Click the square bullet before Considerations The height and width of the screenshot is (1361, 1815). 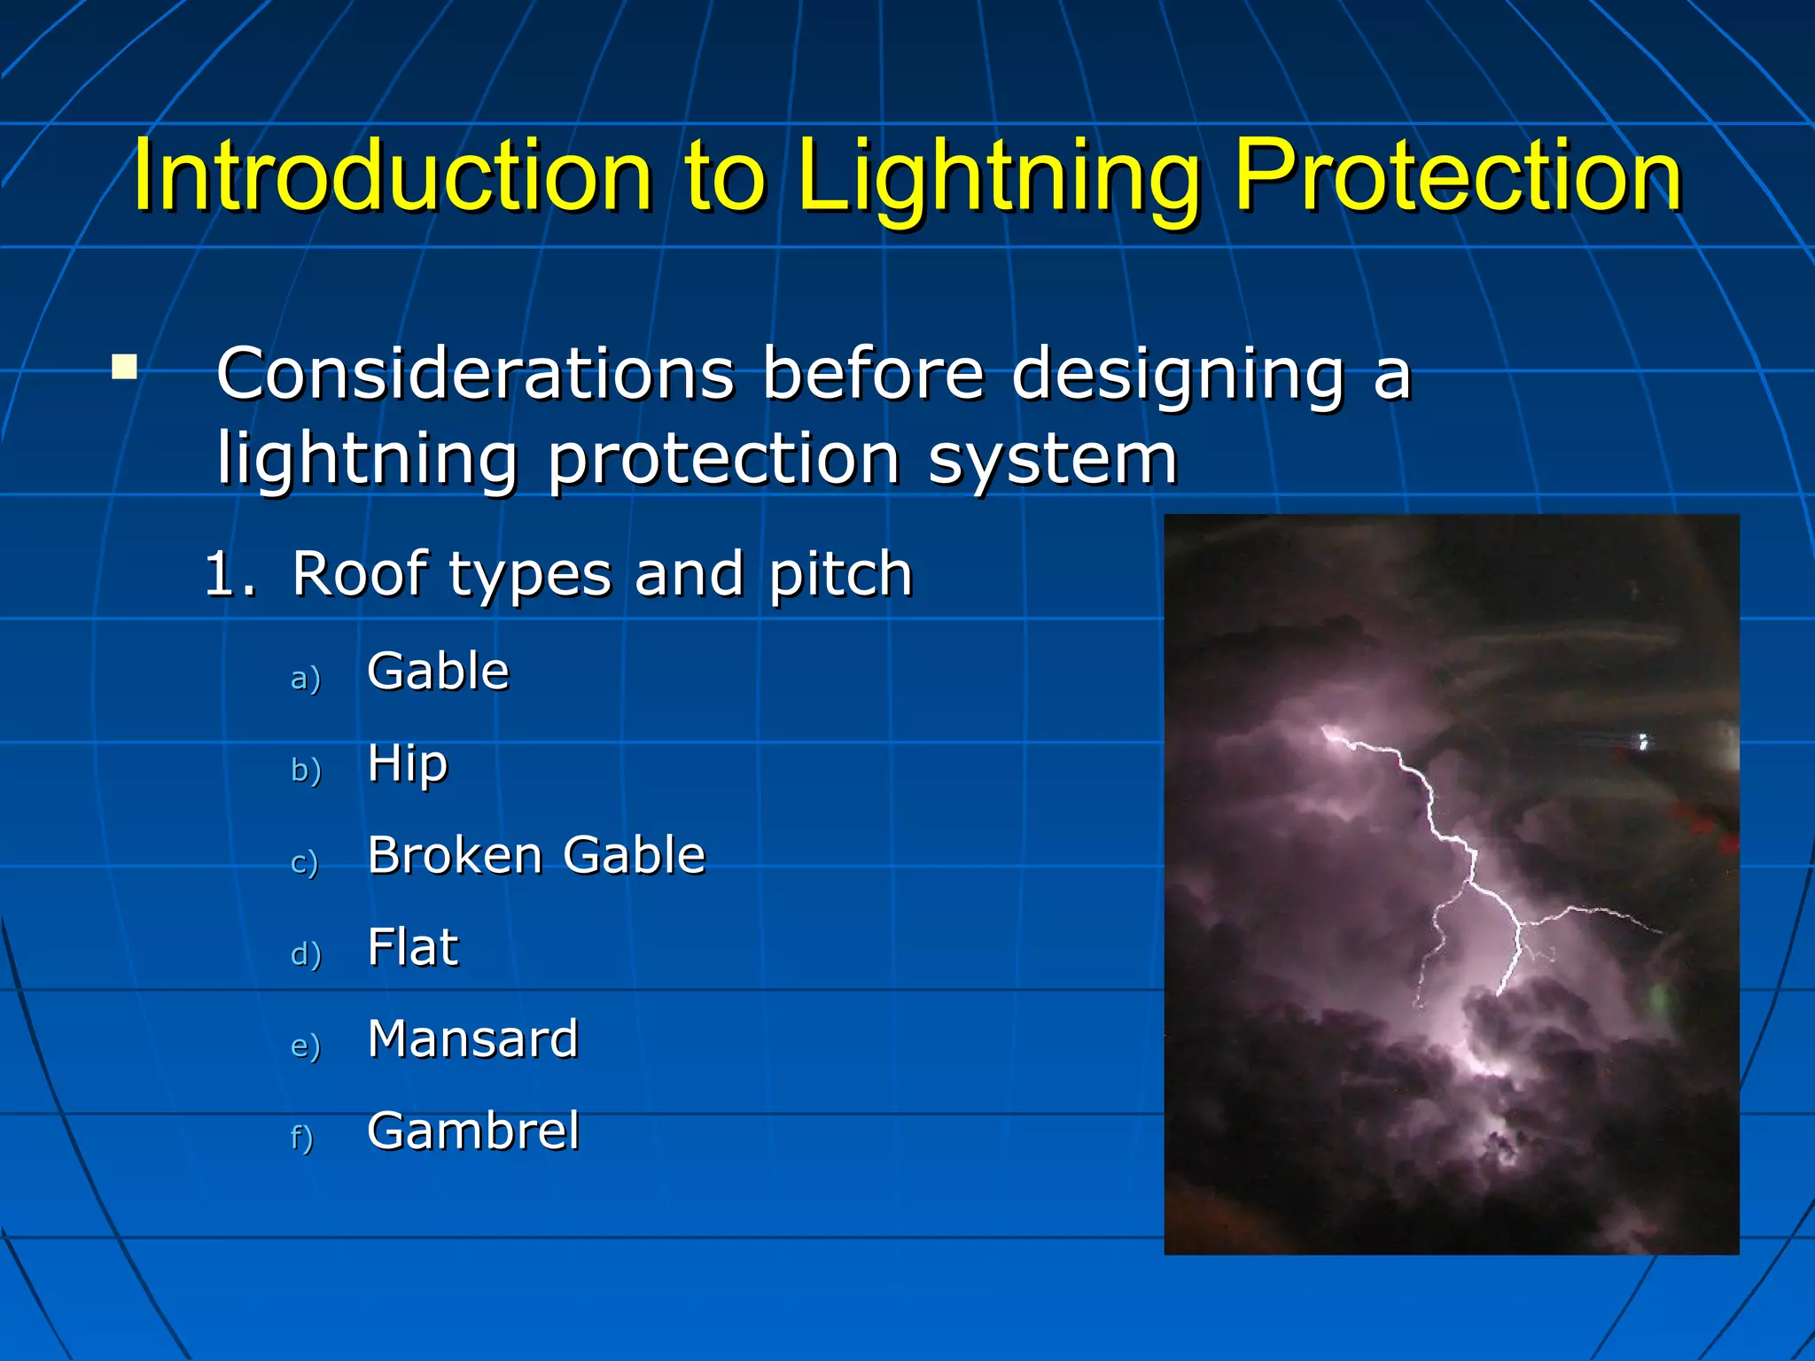click(x=125, y=367)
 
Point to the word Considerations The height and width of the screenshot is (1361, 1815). click(x=475, y=373)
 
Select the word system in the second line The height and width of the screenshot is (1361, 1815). click(x=1052, y=459)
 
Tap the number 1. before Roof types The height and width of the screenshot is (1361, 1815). click(x=229, y=573)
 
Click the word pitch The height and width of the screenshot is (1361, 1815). click(x=840, y=574)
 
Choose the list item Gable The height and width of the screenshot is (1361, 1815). click(x=438, y=671)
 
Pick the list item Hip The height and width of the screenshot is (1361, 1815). click(x=408, y=763)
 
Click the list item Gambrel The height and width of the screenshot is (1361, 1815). click(x=473, y=1131)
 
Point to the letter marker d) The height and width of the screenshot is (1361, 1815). click(x=305, y=953)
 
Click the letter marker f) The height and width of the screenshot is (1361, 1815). click(x=301, y=1138)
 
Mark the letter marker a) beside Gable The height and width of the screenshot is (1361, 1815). click(x=305, y=678)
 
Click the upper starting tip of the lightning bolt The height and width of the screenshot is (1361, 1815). click(x=1326, y=730)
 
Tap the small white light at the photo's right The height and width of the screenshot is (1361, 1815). click(x=1642, y=741)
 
